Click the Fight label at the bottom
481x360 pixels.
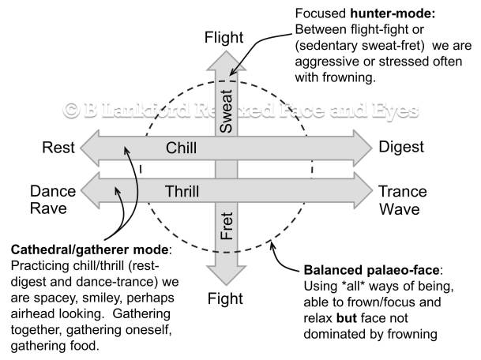coord(225,298)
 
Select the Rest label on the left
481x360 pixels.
coord(60,148)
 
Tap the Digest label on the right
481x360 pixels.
coord(401,148)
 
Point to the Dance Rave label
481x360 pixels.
coord(53,201)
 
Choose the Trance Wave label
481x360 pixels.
coord(403,201)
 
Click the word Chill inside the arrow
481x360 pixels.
coord(181,148)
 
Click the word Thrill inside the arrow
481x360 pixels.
coord(182,191)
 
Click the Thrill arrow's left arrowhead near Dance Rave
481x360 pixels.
coord(93,191)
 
